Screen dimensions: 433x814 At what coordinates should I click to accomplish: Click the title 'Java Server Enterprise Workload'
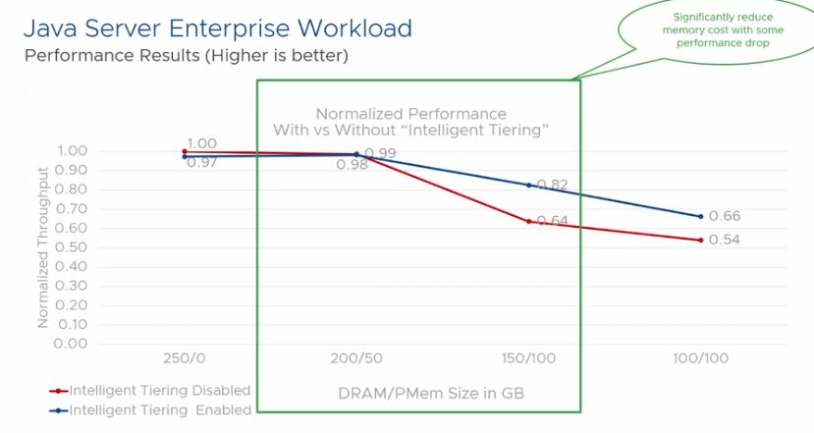pyautogui.click(x=218, y=27)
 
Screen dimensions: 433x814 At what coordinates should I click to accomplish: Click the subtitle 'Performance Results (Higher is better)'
pyautogui.click(x=186, y=56)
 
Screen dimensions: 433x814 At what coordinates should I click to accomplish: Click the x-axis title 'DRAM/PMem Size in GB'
pyautogui.click(x=418, y=394)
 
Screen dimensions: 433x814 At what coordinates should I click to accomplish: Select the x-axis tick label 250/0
pyautogui.click(x=184, y=358)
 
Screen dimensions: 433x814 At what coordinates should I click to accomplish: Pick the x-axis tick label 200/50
pyautogui.click(x=356, y=358)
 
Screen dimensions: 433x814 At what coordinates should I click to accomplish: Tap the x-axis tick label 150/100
pyautogui.click(x=528, y=358)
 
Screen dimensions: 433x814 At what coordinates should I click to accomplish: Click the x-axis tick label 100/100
pyautogui.click(x=701, y=358)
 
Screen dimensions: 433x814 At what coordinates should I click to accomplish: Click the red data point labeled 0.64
pyautogui.click(x=529, y=221)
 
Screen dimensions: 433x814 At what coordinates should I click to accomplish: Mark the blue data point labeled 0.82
pyautogui.click(x=529, y=186)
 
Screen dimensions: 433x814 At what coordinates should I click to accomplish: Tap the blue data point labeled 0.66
pyautogui.click(x=701, y=216)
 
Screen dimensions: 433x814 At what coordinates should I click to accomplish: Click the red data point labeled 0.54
pyautogui.click(x=701, y=240)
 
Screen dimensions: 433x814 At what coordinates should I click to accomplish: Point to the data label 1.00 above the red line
pyautogui.click(x=200, y=143)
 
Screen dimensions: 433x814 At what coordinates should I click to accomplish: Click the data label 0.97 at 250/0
pyautogui.click(x=200, y=161)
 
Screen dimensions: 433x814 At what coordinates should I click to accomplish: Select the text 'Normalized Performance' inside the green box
pyautogui.click(x=410, y=114)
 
